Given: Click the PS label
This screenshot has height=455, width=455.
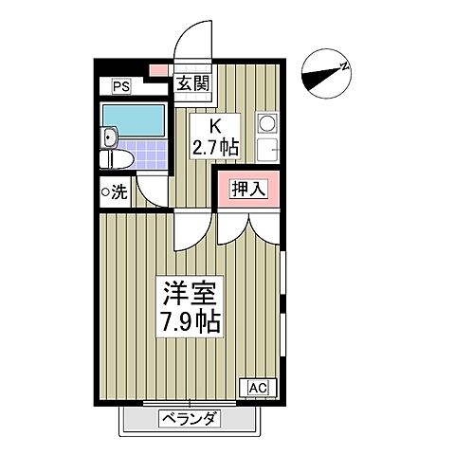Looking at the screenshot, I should coord(120,87).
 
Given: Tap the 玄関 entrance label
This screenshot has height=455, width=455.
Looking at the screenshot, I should coord(191,84).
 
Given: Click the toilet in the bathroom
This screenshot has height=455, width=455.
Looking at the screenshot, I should coord(111,157).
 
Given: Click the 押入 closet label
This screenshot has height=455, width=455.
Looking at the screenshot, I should coord(248,188).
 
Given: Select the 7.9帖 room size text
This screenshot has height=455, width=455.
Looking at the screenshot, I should coord(191,321).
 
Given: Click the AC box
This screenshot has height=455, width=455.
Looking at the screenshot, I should coord(259,387).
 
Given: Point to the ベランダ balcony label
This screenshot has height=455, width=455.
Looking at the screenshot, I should coord(190,418).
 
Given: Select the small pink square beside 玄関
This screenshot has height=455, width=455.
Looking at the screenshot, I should coord(156,69).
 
